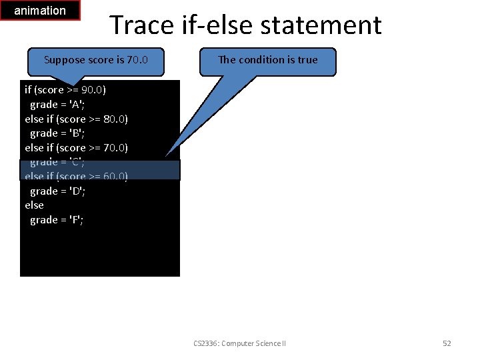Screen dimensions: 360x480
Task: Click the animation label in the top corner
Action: [40, 11]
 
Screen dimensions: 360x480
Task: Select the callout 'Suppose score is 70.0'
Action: [95, 60]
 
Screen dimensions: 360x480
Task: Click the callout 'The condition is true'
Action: [268, 60]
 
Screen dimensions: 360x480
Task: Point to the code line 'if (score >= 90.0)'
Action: [65, 89]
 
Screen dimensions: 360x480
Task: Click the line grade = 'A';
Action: [57, 104]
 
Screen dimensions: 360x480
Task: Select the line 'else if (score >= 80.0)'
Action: [76, 119]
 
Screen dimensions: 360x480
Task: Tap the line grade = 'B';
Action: [57, 133]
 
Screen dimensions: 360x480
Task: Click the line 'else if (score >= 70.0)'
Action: [76, 147]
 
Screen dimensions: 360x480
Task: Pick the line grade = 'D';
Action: [57, 191]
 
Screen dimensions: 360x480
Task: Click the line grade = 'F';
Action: [57, 220]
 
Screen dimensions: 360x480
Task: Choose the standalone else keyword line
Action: [35, 205]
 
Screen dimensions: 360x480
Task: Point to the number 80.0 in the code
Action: [115, 119]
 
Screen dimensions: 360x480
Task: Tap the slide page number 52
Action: [447, 343]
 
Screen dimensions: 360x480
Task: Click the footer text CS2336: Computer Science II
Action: [239, 343]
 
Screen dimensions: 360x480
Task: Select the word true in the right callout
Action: [307, 60]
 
